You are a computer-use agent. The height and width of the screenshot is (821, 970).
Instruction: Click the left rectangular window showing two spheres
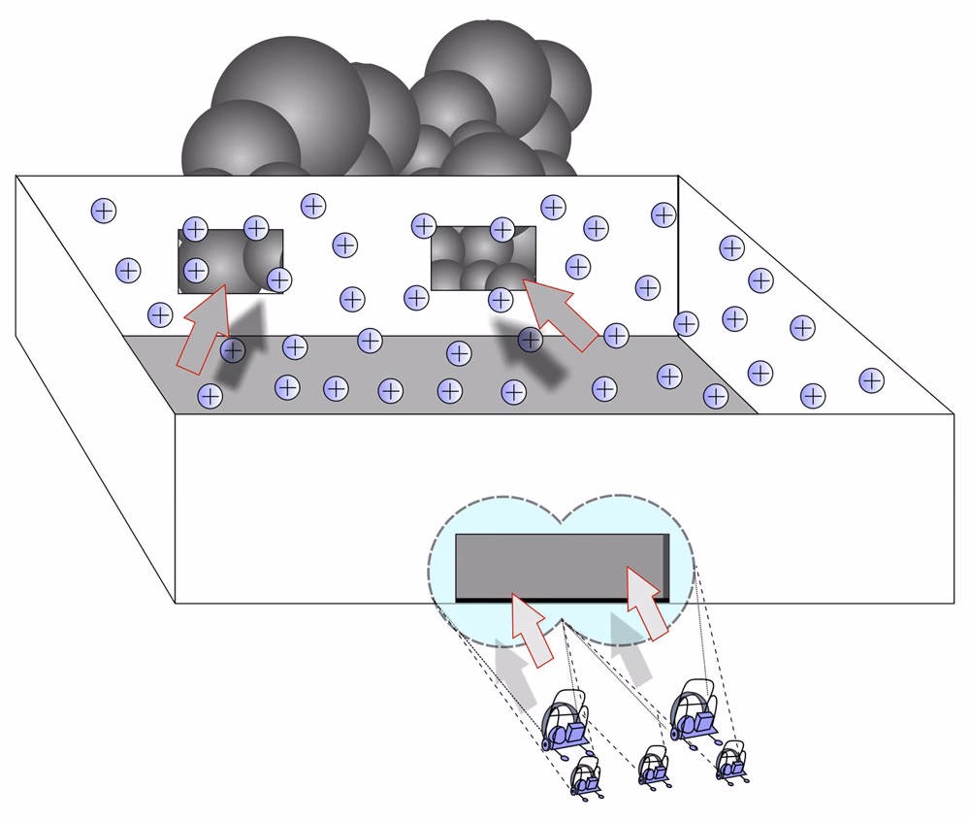click(x=230, y=261)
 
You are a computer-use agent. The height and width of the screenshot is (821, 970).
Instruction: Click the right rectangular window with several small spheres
click(x=482, y=258)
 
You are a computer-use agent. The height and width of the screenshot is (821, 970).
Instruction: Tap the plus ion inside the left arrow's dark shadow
click(x=232, y=349)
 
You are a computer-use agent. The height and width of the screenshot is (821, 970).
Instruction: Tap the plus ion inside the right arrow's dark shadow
click(x=530, y=340)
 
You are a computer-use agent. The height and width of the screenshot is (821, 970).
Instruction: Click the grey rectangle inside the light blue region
click(x=558, y=564)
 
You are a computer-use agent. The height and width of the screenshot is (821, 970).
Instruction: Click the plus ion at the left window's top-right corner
click(x=256, y=228)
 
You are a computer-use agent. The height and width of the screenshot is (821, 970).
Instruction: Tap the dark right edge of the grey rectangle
click(x=664, y=567)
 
